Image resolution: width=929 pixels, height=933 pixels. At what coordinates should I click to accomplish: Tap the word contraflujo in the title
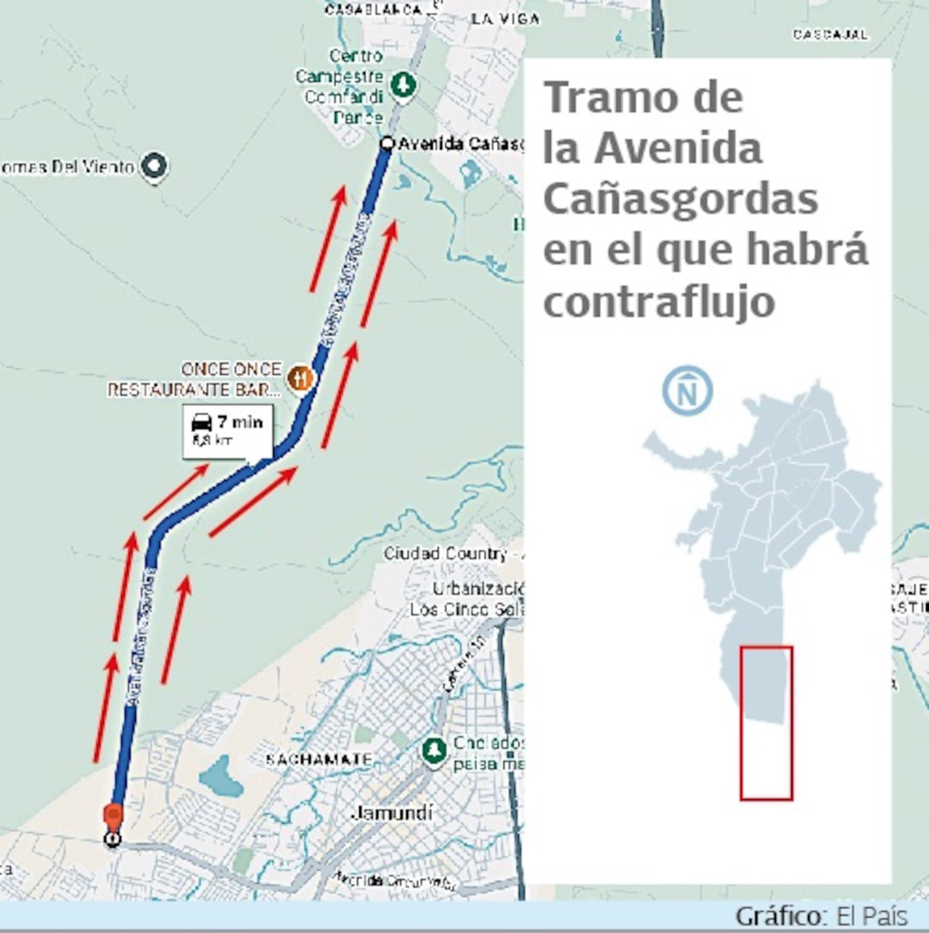659,301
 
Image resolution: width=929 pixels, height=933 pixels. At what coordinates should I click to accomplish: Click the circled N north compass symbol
687,391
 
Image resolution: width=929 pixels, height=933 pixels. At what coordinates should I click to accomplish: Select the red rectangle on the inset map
766,722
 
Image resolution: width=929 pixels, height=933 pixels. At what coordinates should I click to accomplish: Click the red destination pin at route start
112,816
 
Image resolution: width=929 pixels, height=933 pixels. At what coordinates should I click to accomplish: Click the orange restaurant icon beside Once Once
299,378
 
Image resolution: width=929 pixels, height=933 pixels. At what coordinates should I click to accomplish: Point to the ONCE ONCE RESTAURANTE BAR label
195,380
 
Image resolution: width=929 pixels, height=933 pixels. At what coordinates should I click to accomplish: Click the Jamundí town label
392,812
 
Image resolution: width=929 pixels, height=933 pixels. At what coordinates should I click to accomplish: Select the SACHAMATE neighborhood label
319,760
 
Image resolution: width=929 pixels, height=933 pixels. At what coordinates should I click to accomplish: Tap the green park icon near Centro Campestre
403,85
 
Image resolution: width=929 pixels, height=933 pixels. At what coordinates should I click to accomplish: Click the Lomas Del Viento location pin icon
155,166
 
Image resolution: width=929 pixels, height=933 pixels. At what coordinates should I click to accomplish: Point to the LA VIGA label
505,19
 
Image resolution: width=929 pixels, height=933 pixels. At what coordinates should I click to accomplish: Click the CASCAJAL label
830,34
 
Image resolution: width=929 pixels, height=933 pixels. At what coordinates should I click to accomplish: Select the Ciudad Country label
445,553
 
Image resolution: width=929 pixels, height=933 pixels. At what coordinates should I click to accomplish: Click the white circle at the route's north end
387,144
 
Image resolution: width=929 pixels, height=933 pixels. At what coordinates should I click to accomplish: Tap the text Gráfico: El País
821,916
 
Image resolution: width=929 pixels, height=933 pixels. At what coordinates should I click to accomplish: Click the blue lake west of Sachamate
220,776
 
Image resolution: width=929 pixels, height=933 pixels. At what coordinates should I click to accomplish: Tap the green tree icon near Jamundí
435,750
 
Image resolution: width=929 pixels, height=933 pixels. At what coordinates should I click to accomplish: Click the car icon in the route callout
201,422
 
